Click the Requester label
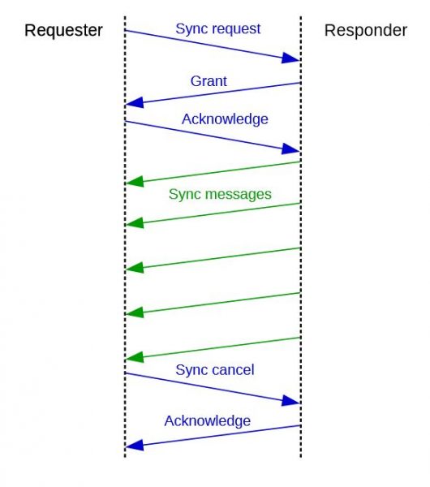[63, 31]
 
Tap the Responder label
[365, 31]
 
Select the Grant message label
[209, 81]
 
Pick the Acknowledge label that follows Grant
[225, 119]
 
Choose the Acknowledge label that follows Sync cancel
[208, 421]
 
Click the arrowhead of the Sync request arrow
[290, 58]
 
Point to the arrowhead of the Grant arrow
[135, 102]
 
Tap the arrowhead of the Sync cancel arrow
[290, 400]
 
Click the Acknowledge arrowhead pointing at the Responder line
[290, 149]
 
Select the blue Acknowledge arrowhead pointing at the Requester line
[135, 445]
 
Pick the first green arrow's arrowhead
[135, 181]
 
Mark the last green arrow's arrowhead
[135, 357]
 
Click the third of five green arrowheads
[135, 268]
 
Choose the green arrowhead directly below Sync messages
[135, 222]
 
